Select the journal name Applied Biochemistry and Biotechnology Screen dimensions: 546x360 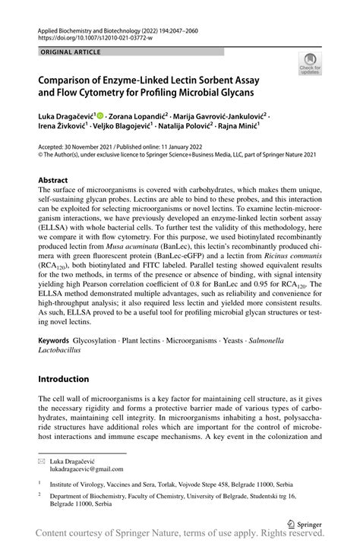point(86,27)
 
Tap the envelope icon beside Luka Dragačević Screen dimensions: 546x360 point(43,460)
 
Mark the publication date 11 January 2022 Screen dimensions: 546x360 point(177,147)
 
